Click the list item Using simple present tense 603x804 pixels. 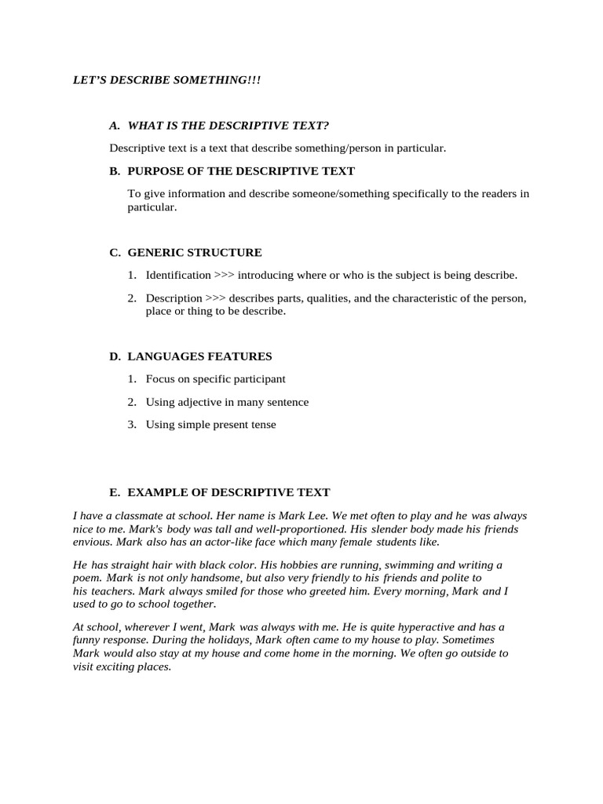[x=210, y=425]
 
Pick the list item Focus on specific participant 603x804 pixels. [x=215, y=378]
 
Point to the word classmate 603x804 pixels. [x=141, y=516]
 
